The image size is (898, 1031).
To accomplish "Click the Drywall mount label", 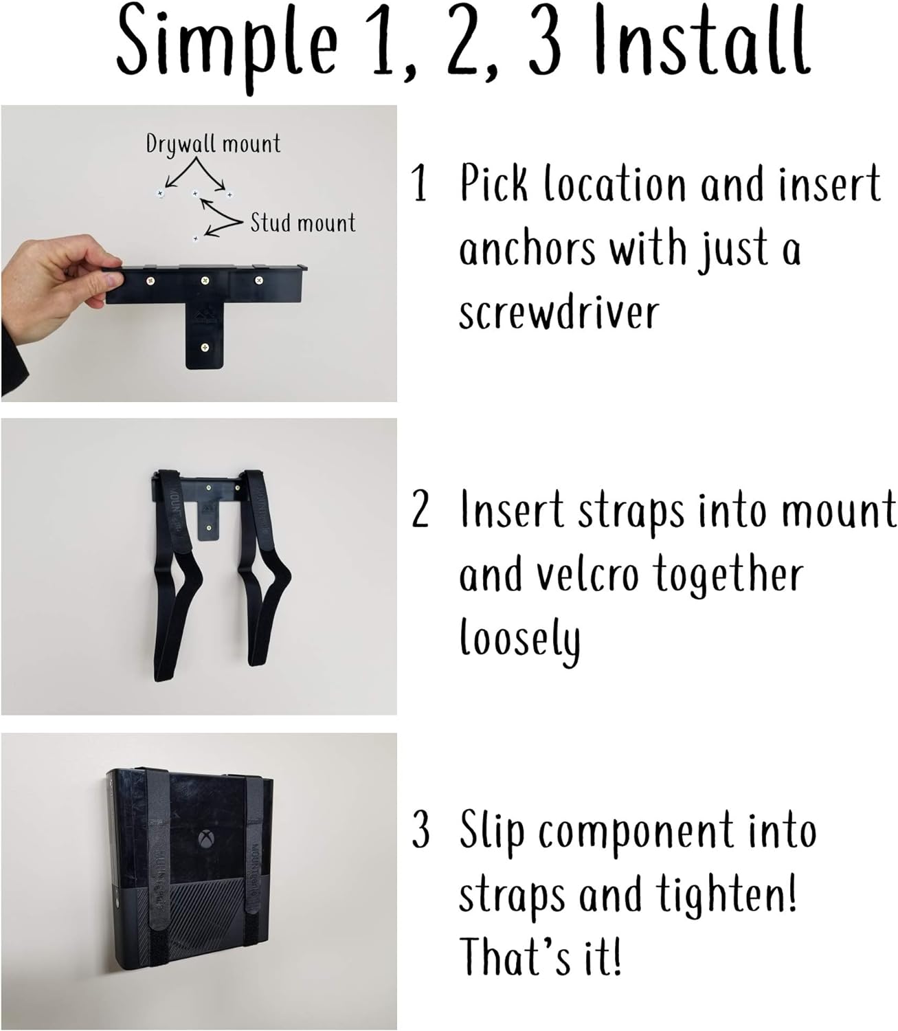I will pos(213,144).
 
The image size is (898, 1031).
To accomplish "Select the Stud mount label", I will pos(302,223).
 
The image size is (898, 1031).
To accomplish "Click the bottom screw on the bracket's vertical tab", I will pos(204,347).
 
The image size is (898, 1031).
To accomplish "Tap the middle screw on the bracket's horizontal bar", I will pos(205,280).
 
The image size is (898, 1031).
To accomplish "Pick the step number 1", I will pos(420,184).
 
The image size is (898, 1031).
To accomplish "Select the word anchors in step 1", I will pos(528,249).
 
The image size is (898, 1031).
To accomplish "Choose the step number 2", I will pos(420,510).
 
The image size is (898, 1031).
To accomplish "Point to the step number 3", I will pos(420,830).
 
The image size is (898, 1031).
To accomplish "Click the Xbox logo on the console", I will pos(204,840).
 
